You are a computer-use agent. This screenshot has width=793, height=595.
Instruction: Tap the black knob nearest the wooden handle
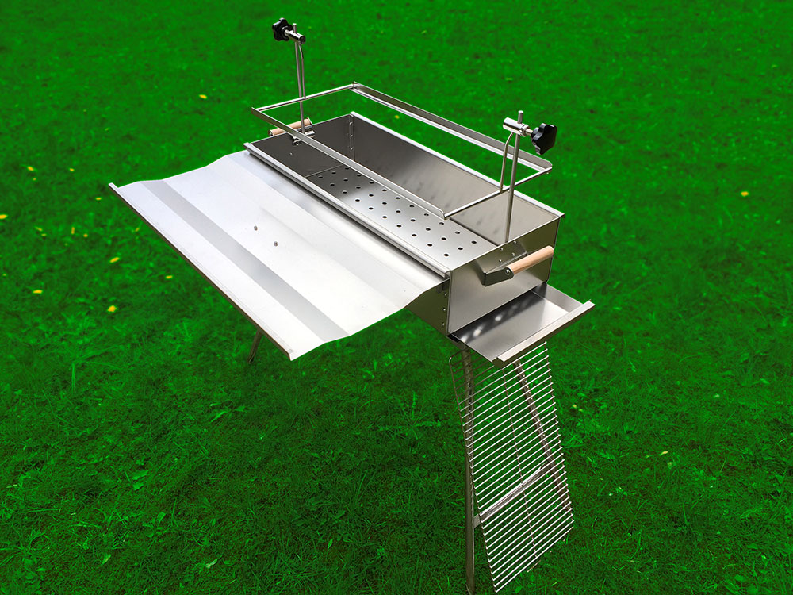544,136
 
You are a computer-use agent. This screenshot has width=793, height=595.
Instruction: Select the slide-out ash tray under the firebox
519,321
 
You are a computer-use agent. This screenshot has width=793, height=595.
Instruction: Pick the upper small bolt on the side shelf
257,228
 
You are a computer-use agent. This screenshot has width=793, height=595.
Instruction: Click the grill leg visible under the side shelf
254,347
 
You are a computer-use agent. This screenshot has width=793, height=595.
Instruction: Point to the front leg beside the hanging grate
469,476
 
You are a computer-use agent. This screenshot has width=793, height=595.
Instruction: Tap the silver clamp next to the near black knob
516,126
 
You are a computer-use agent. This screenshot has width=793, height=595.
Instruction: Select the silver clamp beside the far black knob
297,35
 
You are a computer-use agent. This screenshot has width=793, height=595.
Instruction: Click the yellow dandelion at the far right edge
744,194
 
